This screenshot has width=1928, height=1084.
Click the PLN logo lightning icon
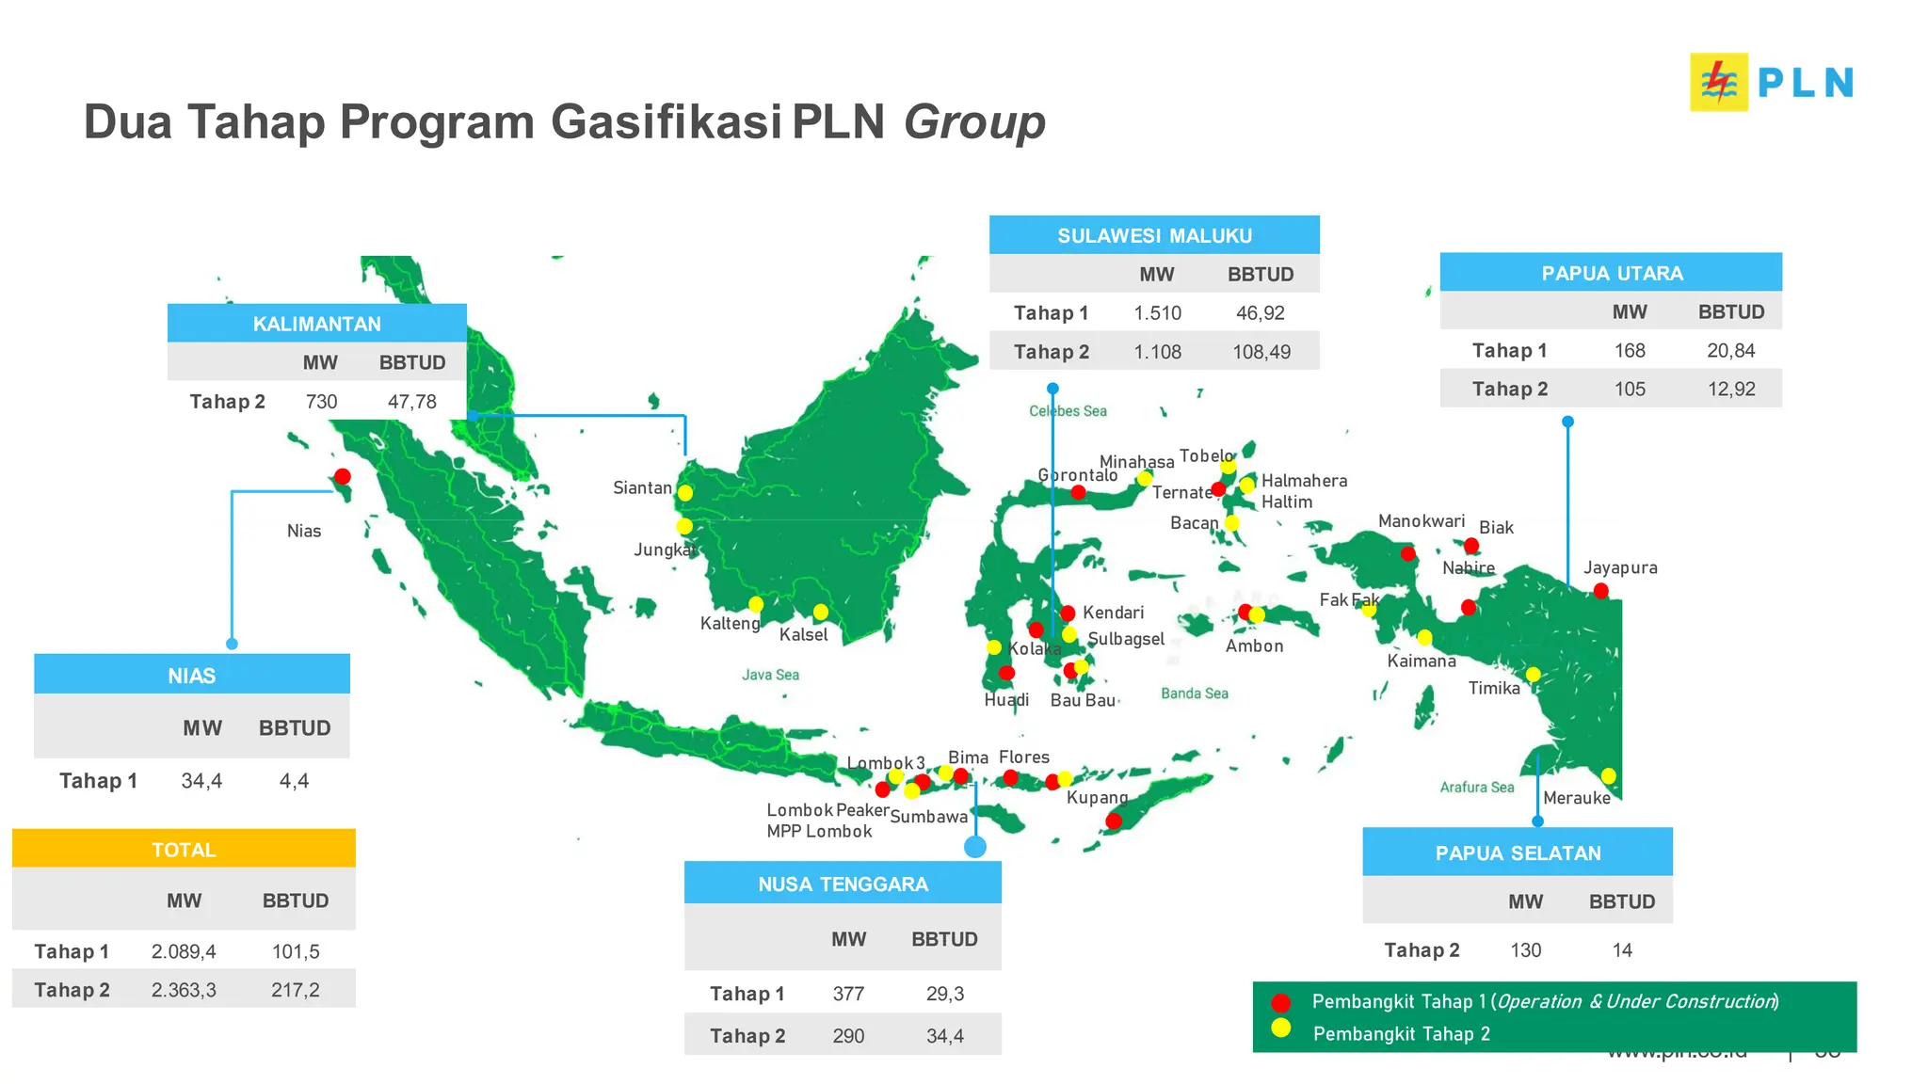coord(1719,83)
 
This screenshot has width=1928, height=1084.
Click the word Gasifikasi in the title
coord(666,122)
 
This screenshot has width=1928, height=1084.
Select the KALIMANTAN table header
coord(316,324)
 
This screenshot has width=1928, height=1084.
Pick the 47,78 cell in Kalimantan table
coord(412,402)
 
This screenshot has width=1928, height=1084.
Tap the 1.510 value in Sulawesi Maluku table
coord(1157,313)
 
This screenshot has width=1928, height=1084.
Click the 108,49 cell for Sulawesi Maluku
coord(1261,352)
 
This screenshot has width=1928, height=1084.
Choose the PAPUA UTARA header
coord(1611,273)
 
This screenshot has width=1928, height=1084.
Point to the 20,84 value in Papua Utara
coord(1730,351)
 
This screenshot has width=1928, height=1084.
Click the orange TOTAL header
coord(184,850)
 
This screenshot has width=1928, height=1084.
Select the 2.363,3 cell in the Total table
coord(184,990)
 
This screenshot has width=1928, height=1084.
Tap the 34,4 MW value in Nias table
coord(201,781)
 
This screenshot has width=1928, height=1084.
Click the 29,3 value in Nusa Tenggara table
coord(944,994)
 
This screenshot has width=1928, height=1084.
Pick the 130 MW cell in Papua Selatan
coord(1525,950)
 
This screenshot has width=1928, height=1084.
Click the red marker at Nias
coord(343,476)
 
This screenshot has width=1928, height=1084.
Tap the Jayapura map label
coord(1619,567)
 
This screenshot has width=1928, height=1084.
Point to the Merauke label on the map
coord(1576,798)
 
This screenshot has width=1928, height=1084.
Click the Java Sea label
coord(770,675)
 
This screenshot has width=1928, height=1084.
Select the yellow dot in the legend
coord(1280,1028)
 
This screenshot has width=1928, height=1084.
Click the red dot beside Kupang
coord(1114,821)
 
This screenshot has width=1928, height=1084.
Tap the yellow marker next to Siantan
coord(685,493)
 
